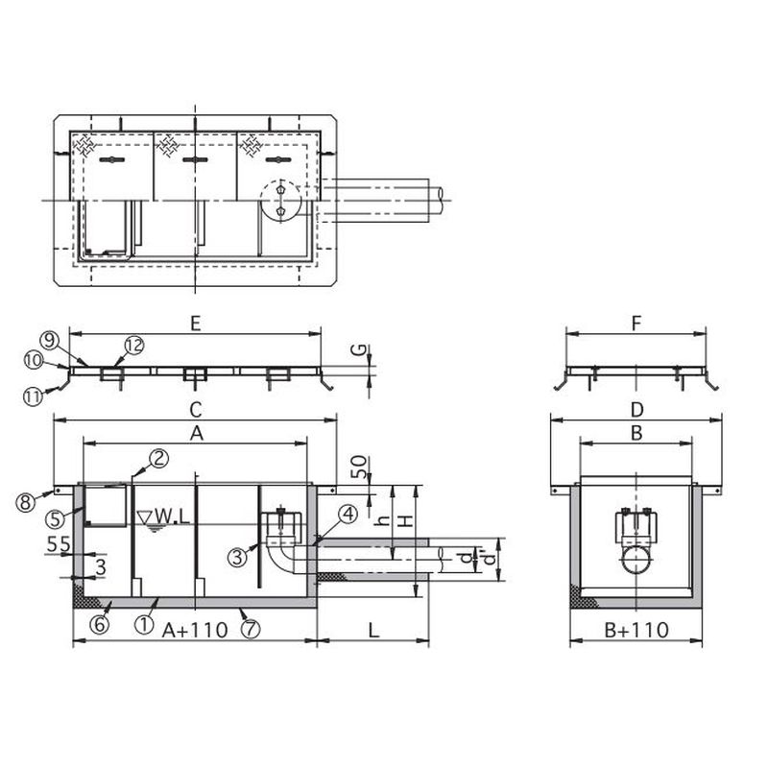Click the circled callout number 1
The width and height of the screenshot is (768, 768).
point(144,625)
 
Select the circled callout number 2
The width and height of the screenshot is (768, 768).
point(158,459)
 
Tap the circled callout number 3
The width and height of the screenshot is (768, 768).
point(238,557)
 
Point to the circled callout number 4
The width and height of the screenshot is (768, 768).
point(348,515)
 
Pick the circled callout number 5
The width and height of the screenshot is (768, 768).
point(56,518)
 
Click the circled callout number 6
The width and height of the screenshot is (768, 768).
point(100,624)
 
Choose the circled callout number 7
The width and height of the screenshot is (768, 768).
point(251,629)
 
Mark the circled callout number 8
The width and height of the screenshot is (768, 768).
point(26,502)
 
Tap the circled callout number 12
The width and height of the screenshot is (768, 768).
point(134,346)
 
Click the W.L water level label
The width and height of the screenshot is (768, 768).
point(163,516)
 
